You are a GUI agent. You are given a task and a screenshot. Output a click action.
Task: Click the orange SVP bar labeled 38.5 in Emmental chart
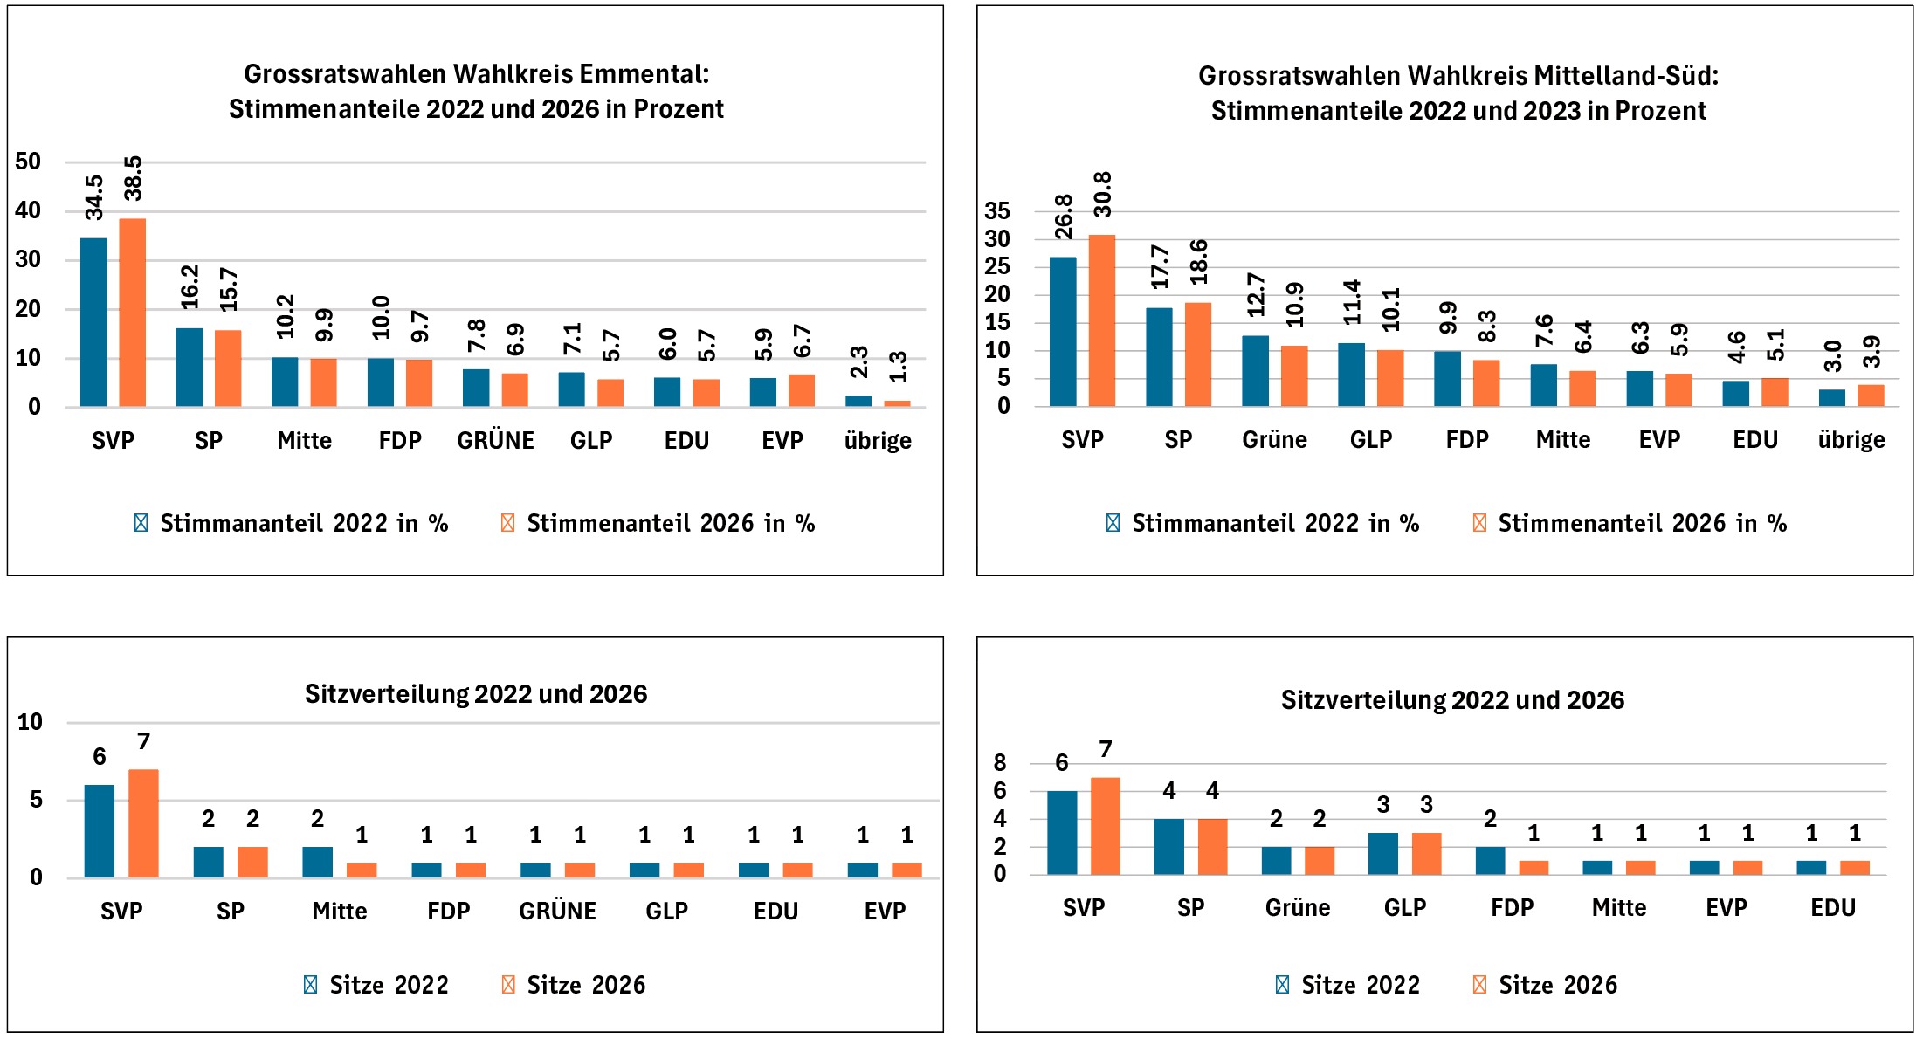pos(132,312)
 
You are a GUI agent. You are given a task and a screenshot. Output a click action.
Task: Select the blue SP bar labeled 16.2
pos(190,367)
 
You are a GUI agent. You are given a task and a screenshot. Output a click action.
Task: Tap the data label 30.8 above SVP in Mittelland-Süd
pos(1102,194)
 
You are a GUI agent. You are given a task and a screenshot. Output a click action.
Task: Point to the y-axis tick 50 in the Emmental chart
pos(28,162)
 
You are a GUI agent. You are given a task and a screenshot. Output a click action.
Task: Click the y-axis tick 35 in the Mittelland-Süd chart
pos(996,210)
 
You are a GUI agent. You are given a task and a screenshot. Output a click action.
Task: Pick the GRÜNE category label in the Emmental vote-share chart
pos(495,440)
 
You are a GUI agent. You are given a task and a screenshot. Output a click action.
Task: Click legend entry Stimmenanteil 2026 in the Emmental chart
pos(670,523)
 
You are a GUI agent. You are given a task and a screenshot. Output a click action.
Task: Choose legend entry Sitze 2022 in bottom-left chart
pos(388,985)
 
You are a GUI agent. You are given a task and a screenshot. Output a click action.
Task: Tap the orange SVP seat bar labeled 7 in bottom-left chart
pos(143,823)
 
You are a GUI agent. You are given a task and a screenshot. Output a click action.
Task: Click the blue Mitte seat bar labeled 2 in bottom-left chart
pos(317,862)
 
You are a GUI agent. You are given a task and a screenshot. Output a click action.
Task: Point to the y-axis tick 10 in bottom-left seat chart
pos(30,722)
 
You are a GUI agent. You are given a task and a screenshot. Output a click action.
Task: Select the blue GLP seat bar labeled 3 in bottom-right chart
pos(1382,853)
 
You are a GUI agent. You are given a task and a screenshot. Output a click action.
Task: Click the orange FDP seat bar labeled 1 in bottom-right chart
pos(1533,867)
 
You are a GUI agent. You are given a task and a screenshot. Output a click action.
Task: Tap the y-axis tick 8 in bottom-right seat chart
pos(1000,763)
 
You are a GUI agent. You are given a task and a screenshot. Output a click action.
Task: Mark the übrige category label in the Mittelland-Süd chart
pos(1851,440)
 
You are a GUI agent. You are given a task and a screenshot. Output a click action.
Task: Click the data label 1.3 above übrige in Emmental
pos(898,367)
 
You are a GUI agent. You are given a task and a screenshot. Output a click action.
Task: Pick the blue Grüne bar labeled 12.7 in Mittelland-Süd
pos(1255,370)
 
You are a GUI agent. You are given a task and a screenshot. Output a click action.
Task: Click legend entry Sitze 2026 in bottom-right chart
pos(1557,985)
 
